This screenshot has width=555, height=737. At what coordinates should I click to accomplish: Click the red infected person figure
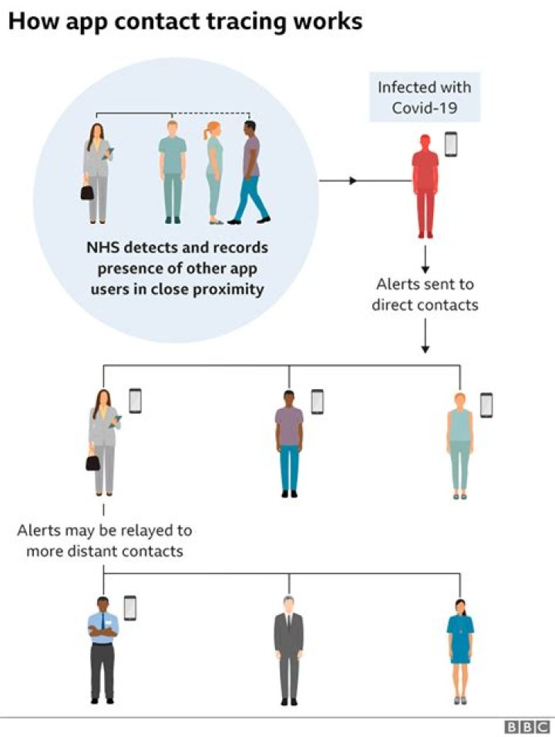click(425, 185)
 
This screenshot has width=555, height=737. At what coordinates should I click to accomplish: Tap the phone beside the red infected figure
click(451, 144)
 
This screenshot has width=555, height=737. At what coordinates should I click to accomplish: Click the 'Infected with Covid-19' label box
click(424, 97)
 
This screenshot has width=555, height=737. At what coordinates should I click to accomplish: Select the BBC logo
click(526, 726)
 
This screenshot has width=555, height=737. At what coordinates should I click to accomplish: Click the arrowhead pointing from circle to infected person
click(352, 181)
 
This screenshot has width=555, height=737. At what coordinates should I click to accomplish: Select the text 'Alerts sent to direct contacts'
click(425, 294)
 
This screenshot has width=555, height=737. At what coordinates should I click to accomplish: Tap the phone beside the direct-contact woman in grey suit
click(135, 401)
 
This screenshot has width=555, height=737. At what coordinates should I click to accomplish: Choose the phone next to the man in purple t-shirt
click(317, 401)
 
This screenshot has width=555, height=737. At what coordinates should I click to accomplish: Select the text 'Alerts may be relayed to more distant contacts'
click(105, 541)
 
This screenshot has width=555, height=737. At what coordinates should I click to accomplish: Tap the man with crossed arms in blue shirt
click(103, 648)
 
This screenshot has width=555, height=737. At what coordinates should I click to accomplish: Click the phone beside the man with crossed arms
click(130, 607)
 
